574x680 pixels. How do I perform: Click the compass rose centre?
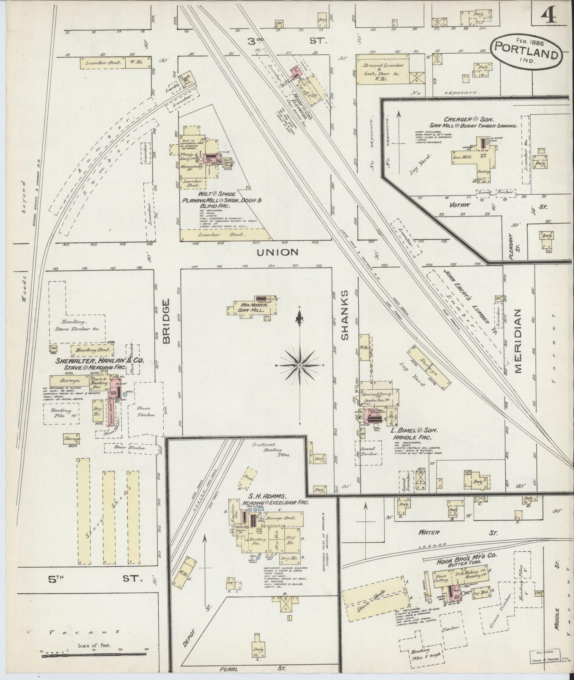tap(300, 365)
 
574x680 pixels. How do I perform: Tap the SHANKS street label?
tap(345, 315)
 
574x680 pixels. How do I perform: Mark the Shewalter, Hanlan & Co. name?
tap(99, 360)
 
